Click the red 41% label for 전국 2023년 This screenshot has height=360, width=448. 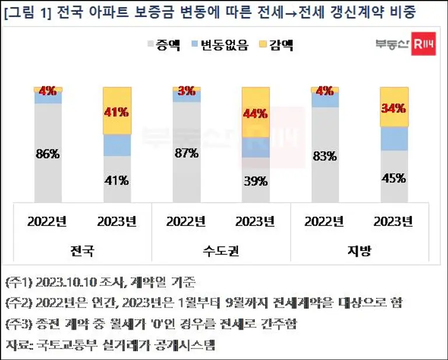tap(116, 112)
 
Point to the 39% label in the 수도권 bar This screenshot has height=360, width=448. tap(256, 181)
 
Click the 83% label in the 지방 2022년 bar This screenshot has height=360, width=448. tap(324, 156)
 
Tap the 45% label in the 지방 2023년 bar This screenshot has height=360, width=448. tap(394, 178)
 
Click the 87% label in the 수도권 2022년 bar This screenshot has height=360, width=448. tap(186, 153)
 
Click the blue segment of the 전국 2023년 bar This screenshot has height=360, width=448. tap(117, 145)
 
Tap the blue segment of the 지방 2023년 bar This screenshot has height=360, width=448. tap(394, 138)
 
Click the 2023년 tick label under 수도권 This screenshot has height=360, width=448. tap(255, 222)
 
